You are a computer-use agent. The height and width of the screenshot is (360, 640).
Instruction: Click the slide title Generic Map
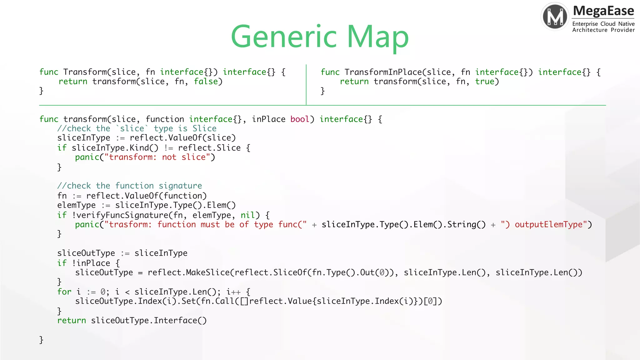(x=319, y=37)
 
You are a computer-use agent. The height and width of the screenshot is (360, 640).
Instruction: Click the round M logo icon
(x=555, y=16)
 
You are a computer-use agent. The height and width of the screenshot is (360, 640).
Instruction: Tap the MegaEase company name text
(x=603, y=11)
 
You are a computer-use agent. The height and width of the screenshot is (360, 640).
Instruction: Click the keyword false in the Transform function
(x=206, y=82)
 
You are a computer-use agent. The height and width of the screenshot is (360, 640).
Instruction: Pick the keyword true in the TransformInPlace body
(x=485, y=82)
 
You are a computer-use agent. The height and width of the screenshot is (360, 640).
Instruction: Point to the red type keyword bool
(x=300, y=119)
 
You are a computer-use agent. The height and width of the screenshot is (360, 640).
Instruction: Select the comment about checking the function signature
(x=129, y=186)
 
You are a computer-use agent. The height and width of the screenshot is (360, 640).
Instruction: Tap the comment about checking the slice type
(x=137, y=128)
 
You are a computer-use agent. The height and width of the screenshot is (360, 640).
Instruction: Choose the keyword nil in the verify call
(x=247, y=215)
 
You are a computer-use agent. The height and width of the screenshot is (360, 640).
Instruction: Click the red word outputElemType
(x=548, y=224)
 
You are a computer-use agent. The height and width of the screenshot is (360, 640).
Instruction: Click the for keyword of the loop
(x=64, y=292)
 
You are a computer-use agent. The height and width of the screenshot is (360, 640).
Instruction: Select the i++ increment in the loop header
(x=233, y=292)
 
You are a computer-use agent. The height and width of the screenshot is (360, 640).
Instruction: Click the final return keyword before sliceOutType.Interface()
(x=71, y=321)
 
